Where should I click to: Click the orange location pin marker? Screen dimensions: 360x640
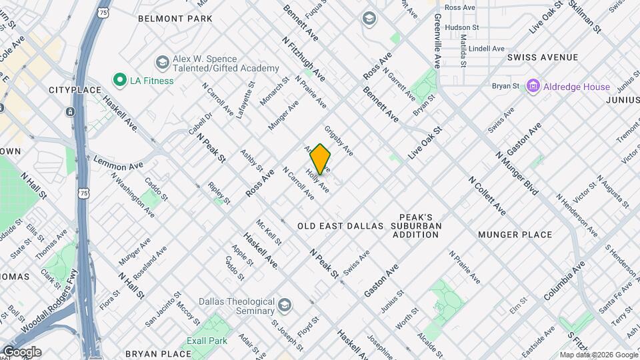tap(321, 159)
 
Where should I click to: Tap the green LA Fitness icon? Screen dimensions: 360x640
tap(120, 81)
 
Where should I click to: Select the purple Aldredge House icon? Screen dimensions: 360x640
tap(533, 87)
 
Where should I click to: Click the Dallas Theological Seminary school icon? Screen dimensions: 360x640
tap(286, 306)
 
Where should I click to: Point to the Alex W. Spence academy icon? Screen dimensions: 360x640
tap(161, 63)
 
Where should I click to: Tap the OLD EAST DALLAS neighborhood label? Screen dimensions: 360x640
tap(341, 226)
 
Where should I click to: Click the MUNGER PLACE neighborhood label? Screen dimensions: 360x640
tap(515, 235)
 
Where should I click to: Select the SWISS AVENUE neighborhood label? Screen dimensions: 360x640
tap(542, 58)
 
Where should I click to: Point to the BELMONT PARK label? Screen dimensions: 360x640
tap(175, 19)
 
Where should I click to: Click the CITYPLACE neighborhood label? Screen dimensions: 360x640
tap(75, 90)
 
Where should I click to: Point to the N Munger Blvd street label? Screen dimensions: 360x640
tap(517, 172)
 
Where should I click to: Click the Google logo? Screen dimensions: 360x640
tap(21, 352)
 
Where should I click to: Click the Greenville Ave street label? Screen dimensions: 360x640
tap(437, 41)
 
